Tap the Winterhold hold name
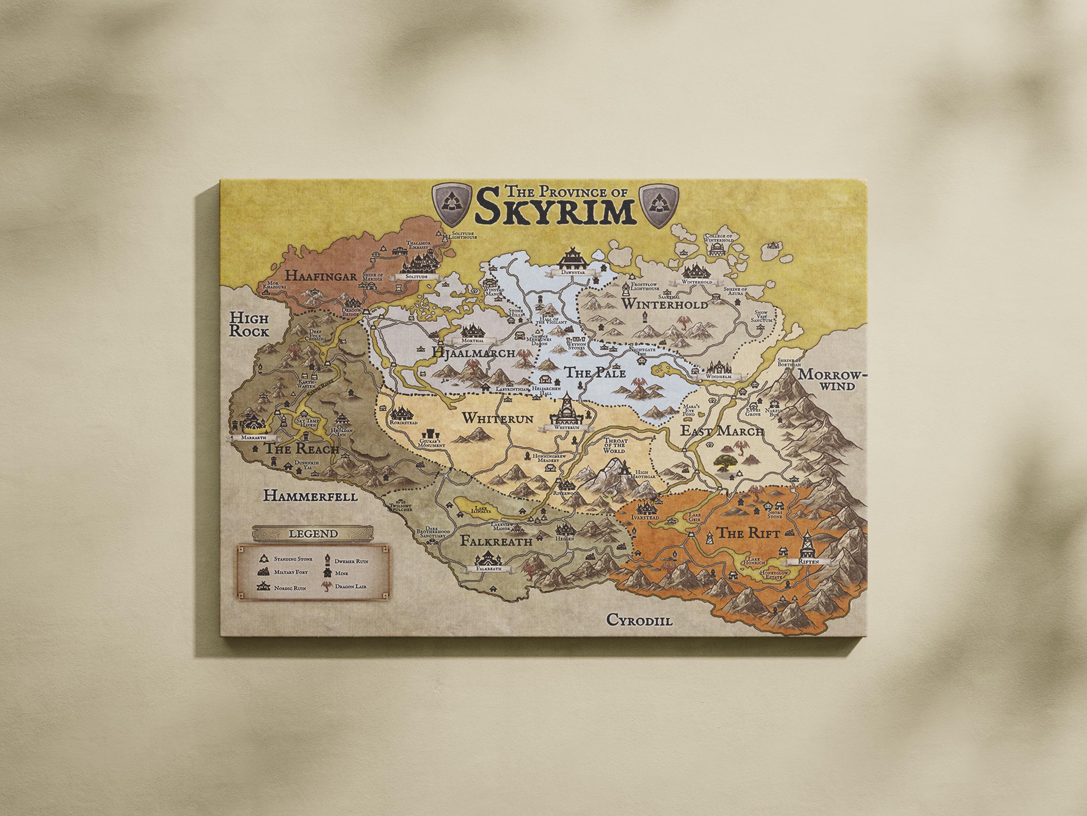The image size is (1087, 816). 665,305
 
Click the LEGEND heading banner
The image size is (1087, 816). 313,533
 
